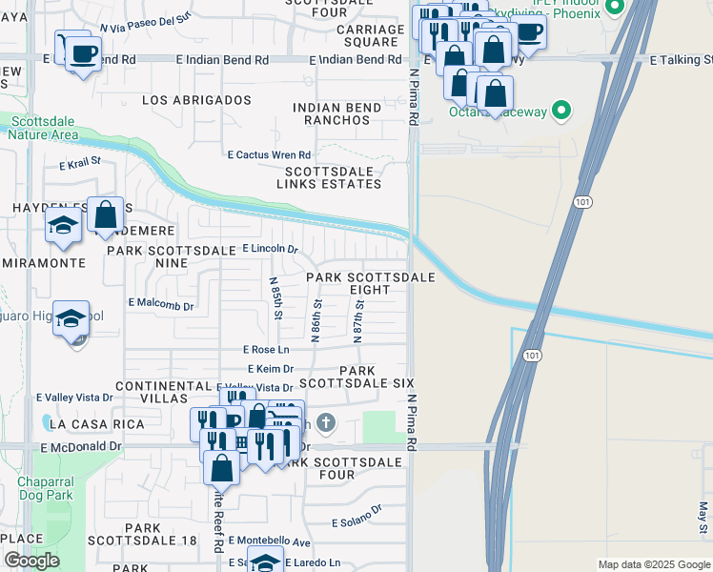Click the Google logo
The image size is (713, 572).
tap(31, 561)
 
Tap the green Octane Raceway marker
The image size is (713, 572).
tap(561, 112)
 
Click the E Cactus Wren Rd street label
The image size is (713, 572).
tap(269, 154)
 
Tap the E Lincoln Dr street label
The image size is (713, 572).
tap(270, 249)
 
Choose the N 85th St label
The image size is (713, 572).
tap(275, 298)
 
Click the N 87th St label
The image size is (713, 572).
tap(358, 314)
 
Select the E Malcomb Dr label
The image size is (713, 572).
tap(161, 306)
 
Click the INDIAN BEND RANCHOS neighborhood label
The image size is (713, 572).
tap(336, 114)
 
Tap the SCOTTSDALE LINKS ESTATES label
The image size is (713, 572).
tap(329, 177)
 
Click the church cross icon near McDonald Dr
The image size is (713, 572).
tap(326, 421)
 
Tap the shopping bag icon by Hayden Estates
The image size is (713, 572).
tap(106, 214)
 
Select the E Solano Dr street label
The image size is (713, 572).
tap(356, 516)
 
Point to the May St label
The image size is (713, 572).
tap(703, 517)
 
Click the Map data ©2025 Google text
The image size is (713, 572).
tap(653, 564)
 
